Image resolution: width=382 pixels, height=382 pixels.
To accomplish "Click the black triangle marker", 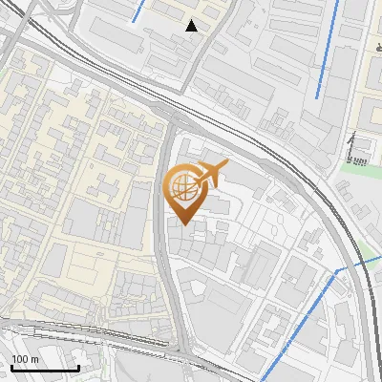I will tap(192, 26).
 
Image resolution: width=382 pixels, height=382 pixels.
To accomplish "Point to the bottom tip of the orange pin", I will tap(182, 225).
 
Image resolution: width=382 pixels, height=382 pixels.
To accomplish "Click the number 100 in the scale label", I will tap(20, 359).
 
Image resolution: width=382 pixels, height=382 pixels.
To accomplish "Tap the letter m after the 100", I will tap(34, 359).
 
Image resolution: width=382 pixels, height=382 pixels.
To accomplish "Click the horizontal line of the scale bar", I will tap(44, 368).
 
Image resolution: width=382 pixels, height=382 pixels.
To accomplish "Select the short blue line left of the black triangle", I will tap(138, 11).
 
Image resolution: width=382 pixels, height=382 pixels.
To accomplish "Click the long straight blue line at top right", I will tap(329, 48).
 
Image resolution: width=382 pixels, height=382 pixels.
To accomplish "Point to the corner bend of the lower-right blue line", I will tap(336, 272).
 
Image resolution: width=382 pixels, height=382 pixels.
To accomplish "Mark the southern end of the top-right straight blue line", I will tap(317, 96).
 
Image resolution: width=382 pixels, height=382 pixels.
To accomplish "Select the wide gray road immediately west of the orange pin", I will tap(164, 220).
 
